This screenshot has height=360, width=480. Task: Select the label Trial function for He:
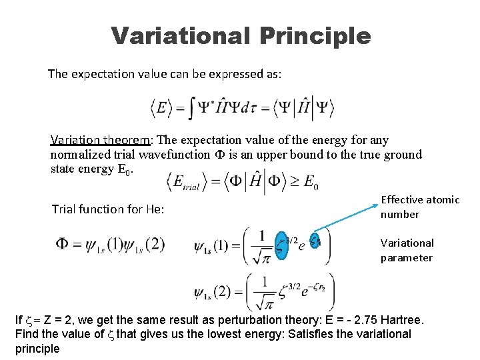tap(108, 209)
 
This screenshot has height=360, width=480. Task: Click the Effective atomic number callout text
tap(419, 207)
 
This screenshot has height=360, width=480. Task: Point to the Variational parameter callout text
tap(407, 250)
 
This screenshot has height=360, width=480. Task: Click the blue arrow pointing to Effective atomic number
tap(346, 216)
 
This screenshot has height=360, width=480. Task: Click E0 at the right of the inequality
tap(310, 182)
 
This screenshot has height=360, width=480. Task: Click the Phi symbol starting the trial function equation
tap(61, 244)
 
